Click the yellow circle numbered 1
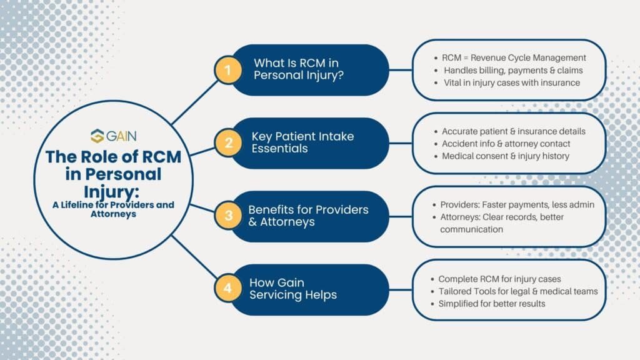point(228,70)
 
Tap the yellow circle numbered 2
point(228,143)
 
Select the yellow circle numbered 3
point(228,216)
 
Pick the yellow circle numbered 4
point(228,289)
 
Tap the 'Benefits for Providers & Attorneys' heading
point(308,216)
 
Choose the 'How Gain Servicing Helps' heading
point(293,289)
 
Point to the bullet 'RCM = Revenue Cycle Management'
point(514,57)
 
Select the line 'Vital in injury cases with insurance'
point(512,82)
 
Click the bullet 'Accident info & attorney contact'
point(506,143)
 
